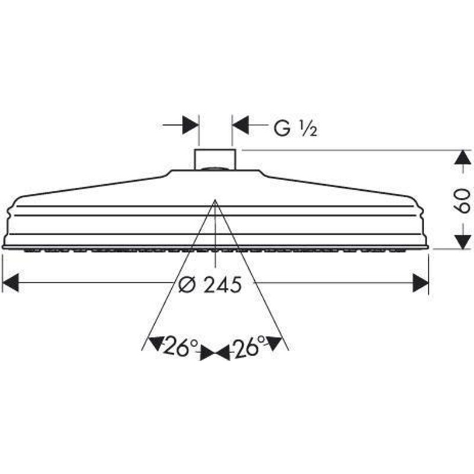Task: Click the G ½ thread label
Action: coord(295,129)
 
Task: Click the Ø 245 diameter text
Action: coord(210,285)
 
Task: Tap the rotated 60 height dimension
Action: coord(462,200)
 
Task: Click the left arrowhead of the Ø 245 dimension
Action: coord(10,283)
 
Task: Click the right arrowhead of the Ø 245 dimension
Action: coord(421,283)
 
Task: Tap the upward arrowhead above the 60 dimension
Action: coord(463,158)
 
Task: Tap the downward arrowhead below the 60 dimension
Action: coord(463,241)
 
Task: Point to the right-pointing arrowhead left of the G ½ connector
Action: coord(191,124)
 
